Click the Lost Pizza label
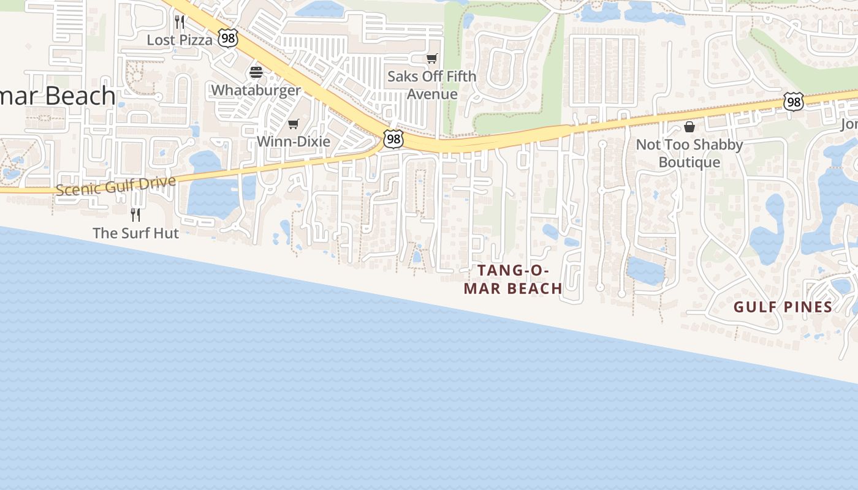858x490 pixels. tap(180, 40)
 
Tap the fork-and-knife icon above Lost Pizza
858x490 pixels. tap(180, 22)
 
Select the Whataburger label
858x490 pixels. tap(256, 90)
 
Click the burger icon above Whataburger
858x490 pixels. tap(256, 72)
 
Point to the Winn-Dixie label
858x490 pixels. tap(293, 141)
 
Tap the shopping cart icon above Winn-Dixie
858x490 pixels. tap(294, 124)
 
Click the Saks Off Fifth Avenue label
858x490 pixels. tap(432, 85)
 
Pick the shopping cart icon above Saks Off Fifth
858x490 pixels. tap(432, 59)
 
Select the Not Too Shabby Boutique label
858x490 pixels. tap(689, 153)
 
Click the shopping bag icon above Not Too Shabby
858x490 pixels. tap(689, 127)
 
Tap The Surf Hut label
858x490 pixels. tap(135, 233)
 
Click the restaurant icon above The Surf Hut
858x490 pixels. tap(135, 215)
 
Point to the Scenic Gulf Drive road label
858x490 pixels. tap(116, 186)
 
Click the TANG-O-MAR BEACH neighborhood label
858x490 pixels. tap(513, 279)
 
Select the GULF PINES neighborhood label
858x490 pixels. tap(783, 307)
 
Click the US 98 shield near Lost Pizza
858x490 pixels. tap(228, 39)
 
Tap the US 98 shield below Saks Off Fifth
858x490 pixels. tap(393, 139)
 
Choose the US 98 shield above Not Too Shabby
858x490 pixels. tap(794, 102)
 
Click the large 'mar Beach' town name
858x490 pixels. tap(58, 96)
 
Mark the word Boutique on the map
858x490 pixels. tap(689, 162)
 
